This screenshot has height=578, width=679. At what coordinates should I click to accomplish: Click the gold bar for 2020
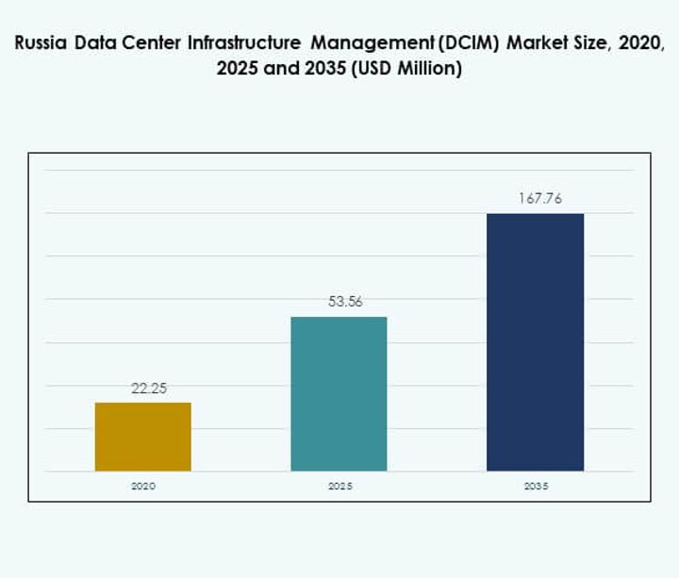[143, 437]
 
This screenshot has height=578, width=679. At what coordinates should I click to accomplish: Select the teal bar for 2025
[339, 393]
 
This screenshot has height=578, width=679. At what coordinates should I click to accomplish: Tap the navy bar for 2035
[535, 341]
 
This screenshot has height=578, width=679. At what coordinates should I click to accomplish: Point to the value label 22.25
[148, 388]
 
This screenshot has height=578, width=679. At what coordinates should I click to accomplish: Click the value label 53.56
[343, 302]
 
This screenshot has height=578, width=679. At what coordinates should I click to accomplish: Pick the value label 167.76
[539, 199]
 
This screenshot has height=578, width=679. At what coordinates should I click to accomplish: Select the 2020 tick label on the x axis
[143, 486]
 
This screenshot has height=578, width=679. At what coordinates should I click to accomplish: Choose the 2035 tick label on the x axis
[535, 486]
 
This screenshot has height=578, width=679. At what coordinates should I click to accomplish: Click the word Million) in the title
[429, 70]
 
